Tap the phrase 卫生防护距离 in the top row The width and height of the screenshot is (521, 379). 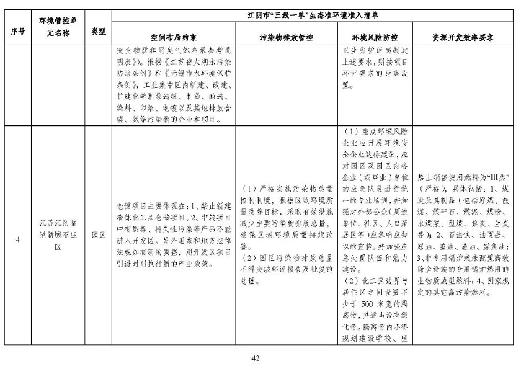[368, 50]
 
